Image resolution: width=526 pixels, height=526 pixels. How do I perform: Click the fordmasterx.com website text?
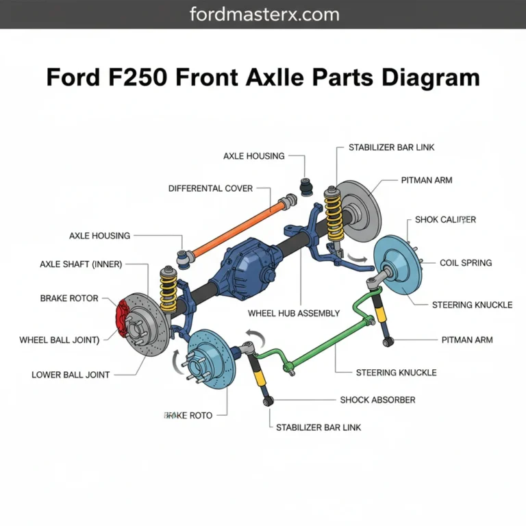[263, 14]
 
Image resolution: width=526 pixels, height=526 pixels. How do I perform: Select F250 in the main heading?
[136, 77]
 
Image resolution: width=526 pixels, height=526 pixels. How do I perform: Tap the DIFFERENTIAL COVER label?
[210, 188]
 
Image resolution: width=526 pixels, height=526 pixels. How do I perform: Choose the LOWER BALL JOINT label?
[71, 375]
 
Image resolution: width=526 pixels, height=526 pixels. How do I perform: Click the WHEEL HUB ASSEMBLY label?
[294, 313]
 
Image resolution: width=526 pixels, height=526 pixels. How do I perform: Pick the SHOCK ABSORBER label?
[377, 399]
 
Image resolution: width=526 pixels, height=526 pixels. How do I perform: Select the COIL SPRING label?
[465, 262]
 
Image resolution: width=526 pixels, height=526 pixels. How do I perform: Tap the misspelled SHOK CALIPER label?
[445, 220]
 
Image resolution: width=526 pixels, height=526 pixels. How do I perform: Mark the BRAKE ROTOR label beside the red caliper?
[69, 299]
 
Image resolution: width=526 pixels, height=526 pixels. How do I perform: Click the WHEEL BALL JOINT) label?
[60, 339]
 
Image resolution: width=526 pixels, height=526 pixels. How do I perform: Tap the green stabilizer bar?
[322, 347]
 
